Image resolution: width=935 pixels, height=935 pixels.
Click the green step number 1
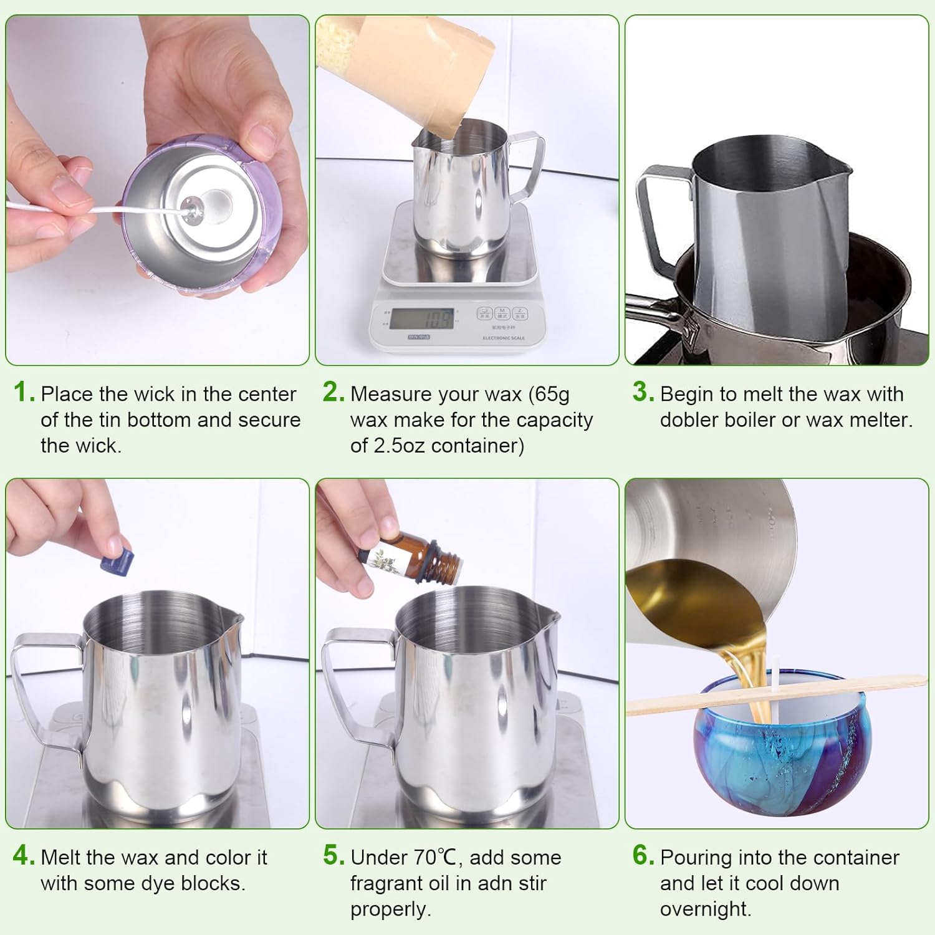click(x=24, y=393)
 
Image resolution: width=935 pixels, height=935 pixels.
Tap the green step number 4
click(x=24, y=856)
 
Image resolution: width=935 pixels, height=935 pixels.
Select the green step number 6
click(x=643, y=856)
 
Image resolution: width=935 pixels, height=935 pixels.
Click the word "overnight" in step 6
click(x=706, y=909)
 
